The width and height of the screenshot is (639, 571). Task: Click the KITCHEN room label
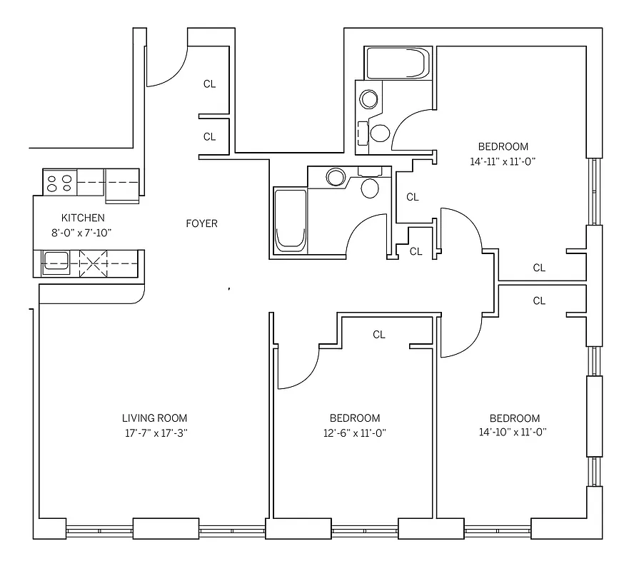(x=83, y=218)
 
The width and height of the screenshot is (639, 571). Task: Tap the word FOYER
(x=201, y=223)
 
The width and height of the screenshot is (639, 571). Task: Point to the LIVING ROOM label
(x=154, y=418)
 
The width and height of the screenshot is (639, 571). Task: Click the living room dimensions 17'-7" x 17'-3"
(x=154, y=433)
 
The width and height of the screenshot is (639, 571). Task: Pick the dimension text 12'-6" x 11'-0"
(x=354, y=433)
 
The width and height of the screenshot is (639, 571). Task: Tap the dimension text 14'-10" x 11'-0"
(x=514, y=433)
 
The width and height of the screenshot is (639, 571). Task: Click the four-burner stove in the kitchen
(x=59, y=183)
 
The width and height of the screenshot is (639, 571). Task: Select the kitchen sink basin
(x=56, y=263)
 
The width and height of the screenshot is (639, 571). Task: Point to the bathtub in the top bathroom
(x=397, y=64)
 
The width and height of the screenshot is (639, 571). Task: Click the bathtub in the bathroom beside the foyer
(x=290, y=220)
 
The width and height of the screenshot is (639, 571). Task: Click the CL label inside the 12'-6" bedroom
(x=379, y=335)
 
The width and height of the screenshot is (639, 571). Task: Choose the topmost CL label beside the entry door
(x=209, y=84)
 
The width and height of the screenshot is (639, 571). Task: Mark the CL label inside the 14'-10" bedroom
(x=539, y=301)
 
